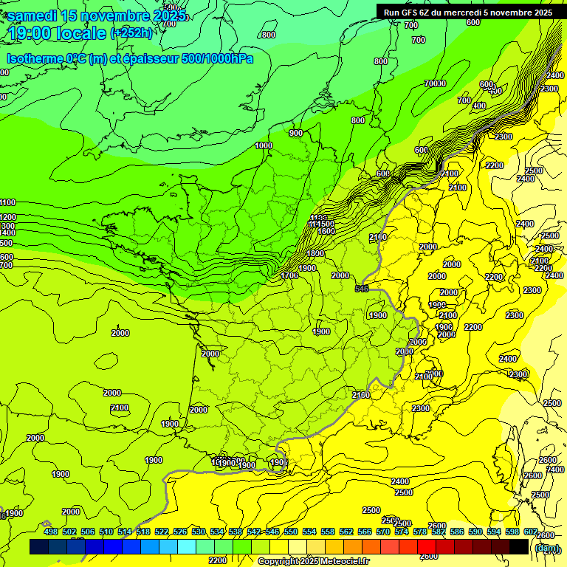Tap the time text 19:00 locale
coord(57,33)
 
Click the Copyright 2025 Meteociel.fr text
coord(313,562)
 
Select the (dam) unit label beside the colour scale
coord(546,547)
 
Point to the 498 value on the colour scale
coord(51,532)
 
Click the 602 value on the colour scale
coord(530,532)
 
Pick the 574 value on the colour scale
coord(402,532)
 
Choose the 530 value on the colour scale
coord(199,532)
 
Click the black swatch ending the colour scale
coord(518,546)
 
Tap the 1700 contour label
coord(290,275)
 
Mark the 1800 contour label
coord(315,253)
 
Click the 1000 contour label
coord(264,145)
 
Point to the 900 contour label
coord(296,133)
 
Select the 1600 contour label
coord(326,231)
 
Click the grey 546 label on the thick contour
coord(362,289)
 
